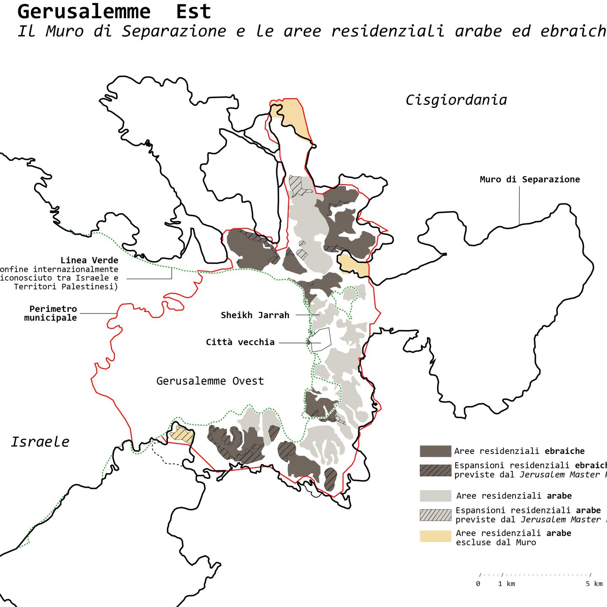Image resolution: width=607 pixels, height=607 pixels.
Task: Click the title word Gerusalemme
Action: (x=84, y=12)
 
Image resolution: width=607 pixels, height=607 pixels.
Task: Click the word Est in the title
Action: (x=193, y=12)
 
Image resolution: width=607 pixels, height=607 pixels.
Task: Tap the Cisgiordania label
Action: (x=456, y=100)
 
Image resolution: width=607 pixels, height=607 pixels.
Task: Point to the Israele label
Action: (x=40, y=442)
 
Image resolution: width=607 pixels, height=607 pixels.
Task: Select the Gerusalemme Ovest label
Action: (x=210, y=381)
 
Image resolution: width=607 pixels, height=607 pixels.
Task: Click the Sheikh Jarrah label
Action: (x=255, y=315)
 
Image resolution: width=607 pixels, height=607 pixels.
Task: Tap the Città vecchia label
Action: (x=240, y=342)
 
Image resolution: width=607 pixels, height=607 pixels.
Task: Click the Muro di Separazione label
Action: (x=529, y=179)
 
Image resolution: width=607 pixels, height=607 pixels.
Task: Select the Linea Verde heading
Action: (x=89, y=260)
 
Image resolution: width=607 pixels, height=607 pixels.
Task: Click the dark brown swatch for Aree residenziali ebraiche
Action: (x=435, y=451)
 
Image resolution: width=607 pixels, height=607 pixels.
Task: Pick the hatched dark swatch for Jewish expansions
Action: (x=435, y=470)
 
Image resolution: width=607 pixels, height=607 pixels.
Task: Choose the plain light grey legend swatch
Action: (x=435, y=496)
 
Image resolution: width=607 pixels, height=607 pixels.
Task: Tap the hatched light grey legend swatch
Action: (x=435, y=515)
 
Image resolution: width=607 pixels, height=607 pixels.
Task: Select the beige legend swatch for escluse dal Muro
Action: (x=435, y=536)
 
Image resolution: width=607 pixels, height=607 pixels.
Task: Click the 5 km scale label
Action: (x=594, y=584)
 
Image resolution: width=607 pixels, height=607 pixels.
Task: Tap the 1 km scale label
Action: (x=506, y=584)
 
